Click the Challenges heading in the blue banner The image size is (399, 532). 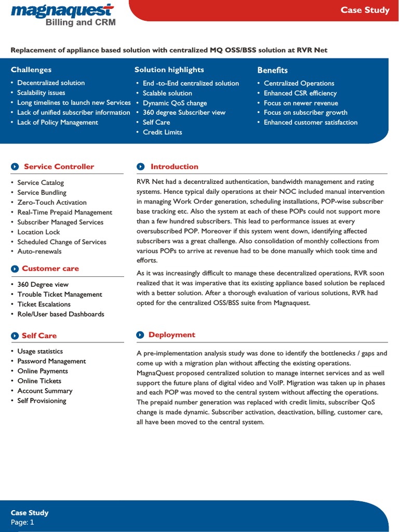pyautogui.click(x=31, y=70)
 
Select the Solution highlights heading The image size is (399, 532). pyautogui.click(x=169, y=70)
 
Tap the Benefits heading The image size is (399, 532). pyautogui.click(x=272, y=70)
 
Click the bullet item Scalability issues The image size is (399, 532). pyautogui.click(x=41, y=92)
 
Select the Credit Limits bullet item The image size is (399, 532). pyautogui.click(x=162, y=132)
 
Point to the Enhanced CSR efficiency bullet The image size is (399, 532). pyautogui.click(x=300, y=93)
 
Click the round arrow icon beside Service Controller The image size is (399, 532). pyautogui.click(x=15, y=167)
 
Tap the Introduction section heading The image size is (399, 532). pyautogui.click(x=174, y=167)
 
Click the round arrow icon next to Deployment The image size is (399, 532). pyautogui.click(x=140, y=335)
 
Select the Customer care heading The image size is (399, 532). pyautogui.click(x=50, y=269)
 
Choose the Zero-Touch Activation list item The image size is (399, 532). pyautogui.click(x=52, y=202)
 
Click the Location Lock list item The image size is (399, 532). pyautogui.click(x=38, y=232)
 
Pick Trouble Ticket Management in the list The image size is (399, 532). pyautogui.click(x=60, y=294)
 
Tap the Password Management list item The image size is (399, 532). pyautogui.click(x=51, y=361)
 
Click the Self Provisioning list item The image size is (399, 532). pyautogui.click(x=42, y=401)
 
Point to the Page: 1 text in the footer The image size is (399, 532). pyautogui.click(x=22, y=522)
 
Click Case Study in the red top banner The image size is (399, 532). pyautogui.click(x=365, y=10)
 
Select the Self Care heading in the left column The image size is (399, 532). pyautogui.click(x=39, y=336)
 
